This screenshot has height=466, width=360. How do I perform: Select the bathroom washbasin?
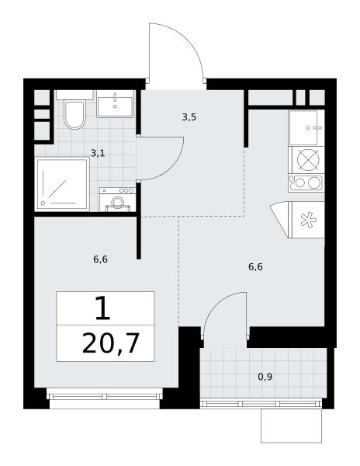point(115,103)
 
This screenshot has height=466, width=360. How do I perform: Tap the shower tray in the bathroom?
point(62,184)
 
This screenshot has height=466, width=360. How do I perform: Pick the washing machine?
point(118,200)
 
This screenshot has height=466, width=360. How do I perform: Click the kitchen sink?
point(306,128)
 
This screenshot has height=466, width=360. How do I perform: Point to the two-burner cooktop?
point(306,183)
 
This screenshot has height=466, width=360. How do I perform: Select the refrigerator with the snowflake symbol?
point(308,220)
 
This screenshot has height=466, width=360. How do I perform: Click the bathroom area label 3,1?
point(98,153)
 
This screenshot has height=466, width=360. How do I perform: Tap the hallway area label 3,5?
point(189,117)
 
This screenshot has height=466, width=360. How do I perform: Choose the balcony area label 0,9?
point(265,377)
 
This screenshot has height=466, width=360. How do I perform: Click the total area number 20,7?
point(111,343)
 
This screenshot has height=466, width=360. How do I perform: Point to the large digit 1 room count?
point(103,308)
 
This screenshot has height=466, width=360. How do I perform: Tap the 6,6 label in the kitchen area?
point(255,267)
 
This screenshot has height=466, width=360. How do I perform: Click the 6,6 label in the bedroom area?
point(101,259)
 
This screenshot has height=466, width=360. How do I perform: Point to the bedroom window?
point(105,397)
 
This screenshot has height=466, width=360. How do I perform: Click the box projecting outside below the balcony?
point(291,426)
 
